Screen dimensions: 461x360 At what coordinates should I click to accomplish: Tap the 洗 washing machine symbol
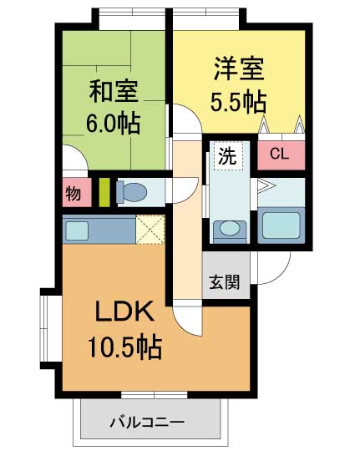pyautogui.click(x=226, y=156)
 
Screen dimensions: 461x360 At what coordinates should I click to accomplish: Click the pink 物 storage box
pyautogui.click(x=74, y=194)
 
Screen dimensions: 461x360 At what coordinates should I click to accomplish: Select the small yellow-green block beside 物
pyautogui.click(x=104, y=193)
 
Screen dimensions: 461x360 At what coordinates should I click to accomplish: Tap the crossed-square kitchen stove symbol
pyautogui.click(x=150, y=230)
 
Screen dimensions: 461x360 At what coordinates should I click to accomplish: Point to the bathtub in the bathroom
pyautogui.click(x=281, y=225)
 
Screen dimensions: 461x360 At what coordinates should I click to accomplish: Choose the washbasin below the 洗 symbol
pyautogui.click(x=228, y=229)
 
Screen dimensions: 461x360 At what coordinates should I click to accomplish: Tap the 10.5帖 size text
pyautogui.click(x=125, y=346)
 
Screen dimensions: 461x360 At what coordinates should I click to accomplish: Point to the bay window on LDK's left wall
pyautogui.click(x=47, y=327)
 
